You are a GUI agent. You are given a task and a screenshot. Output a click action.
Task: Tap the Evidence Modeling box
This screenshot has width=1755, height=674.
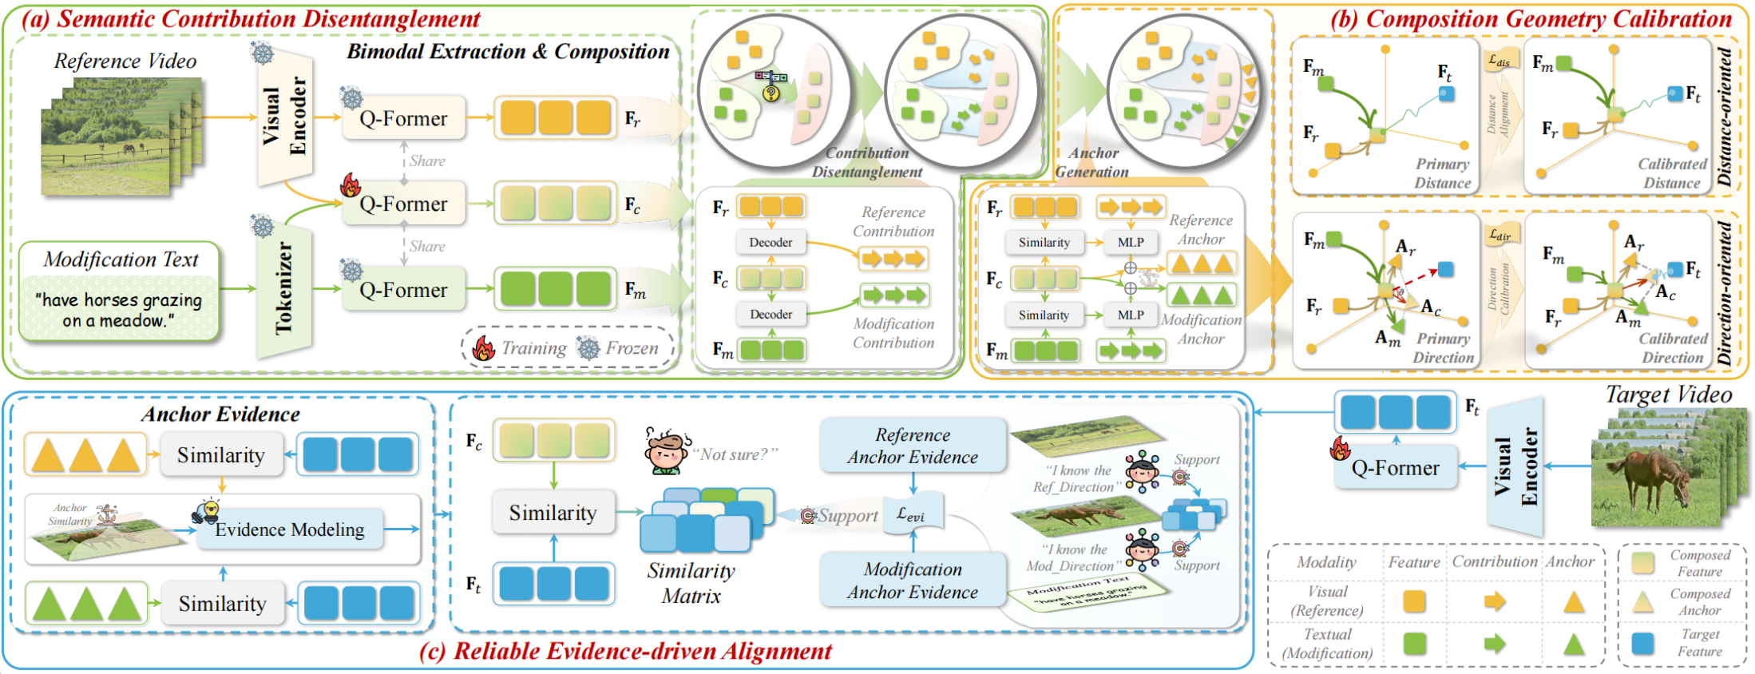pyautogui.click(x=289, y=529)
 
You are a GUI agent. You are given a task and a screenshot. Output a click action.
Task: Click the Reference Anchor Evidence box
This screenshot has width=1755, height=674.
pyautogui.click(x=913, y=446)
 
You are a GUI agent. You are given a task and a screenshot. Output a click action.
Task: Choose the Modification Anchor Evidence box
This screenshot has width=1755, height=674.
pyautogui.click(x=913, y=581)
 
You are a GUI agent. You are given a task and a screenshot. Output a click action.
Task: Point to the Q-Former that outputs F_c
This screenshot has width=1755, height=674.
pyautogui.click(x=402, y=204)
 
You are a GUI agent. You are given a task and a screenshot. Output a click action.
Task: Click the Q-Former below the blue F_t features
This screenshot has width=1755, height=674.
pyautogui.click(x=1395, y=468)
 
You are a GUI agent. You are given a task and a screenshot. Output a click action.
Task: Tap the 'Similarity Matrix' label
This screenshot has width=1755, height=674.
pyautogui.click(x=691, y=583)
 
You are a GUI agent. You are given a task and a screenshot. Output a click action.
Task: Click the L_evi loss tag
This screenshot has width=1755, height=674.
pyautogui.click(x=912, y=515)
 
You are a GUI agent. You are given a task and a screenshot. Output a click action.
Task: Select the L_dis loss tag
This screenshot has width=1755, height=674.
pyautogui.click(x=1499, y=61)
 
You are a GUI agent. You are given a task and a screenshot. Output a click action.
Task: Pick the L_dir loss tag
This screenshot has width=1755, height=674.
pyautogui.click(x=1499, y=235)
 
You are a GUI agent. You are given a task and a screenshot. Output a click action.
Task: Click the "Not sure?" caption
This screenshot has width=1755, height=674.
pyautogui.click(x=735, y=454)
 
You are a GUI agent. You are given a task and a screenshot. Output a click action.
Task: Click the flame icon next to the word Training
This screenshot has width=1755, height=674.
pyautogui.click(x=484, y=348)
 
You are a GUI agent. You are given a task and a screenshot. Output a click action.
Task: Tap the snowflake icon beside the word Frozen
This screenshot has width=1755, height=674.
pyautogui.click(x=588, y=348)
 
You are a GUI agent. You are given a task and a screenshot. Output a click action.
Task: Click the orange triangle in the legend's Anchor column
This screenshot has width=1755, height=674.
pyautogui.click(x=1573, y=602)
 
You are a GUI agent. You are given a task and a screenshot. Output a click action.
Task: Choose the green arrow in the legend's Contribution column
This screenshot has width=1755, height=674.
pyautogui.click(x=1494, y=644)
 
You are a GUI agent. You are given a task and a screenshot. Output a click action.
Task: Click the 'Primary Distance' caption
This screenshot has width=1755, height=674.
pyautogui.click(x=1442, y=173)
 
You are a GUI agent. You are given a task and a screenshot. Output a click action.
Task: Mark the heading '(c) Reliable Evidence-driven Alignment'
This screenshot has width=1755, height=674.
pyautogui.click(x=625, y=652)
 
